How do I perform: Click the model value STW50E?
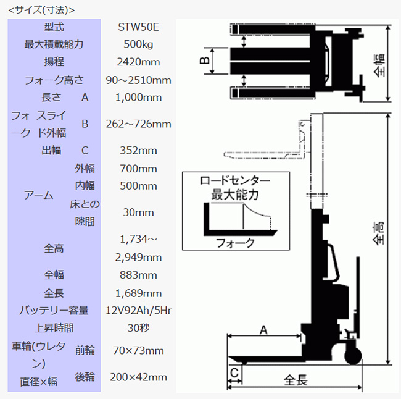(138, 27)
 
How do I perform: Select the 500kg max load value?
(138, 44)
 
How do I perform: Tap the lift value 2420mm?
(138, 62)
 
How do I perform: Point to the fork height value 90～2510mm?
(138, 80)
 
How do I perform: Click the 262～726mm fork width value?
(138, 124)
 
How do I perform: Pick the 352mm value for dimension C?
(138, 151)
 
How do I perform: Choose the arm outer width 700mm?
(138, 169)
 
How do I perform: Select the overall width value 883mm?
(138, 275)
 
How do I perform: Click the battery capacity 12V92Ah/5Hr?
(139, 311)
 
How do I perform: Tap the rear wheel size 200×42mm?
(138, 377)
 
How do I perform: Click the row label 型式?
(54, 27)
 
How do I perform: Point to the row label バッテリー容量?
(54, 311)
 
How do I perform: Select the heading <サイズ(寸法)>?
(41, 10)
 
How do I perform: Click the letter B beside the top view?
(205, 61)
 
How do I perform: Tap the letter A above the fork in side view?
(263, 330)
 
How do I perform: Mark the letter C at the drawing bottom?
(234, 373)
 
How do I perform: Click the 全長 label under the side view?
(296, 380)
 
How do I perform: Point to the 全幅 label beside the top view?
(379, 65)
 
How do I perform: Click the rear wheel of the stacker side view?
(353, 356)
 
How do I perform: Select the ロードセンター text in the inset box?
(235, 181)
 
